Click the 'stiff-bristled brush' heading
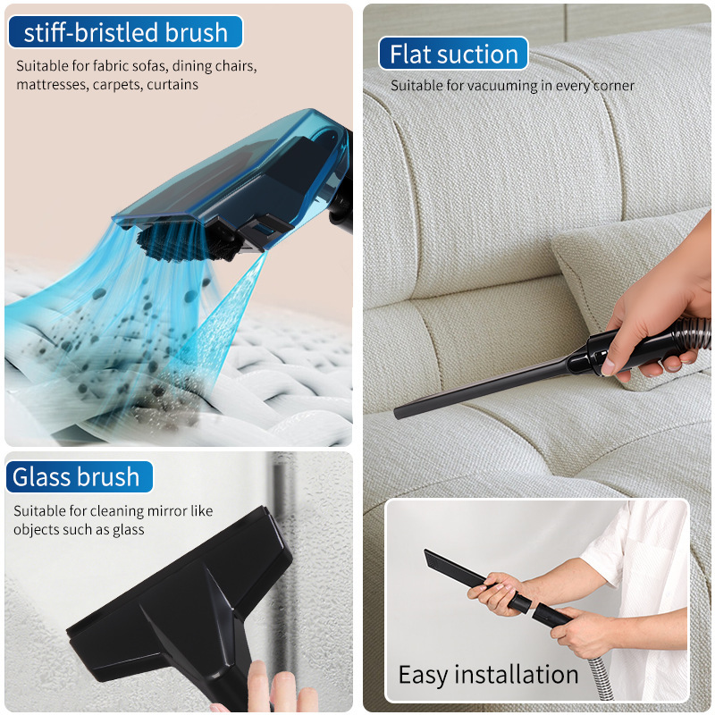125,32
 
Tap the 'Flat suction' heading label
453,54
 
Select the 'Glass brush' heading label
76,477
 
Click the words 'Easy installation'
488,675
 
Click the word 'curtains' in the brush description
172,85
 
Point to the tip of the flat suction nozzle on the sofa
397,414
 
